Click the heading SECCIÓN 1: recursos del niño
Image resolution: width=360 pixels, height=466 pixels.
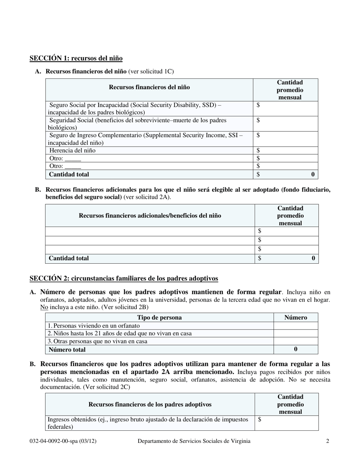click(76, 58)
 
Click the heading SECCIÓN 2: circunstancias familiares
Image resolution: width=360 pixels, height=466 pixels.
click(124, 278)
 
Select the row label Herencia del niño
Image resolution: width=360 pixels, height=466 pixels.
click(72, 150)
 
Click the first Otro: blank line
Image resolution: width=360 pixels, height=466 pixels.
click(73, 158)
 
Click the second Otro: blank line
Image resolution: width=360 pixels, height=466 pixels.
click(73, 166)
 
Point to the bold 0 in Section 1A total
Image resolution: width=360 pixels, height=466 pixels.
click(313, 174)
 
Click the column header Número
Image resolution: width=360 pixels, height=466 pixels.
click(296, 317)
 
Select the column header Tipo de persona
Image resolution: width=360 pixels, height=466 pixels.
click(159, 317)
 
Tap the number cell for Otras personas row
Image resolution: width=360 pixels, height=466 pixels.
click(296, 341)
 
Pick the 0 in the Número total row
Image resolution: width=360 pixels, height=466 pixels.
click(296, 349)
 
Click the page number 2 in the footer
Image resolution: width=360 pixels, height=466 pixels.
click(328, 441)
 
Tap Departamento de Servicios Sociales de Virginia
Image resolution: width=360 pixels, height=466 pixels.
click(194, 441)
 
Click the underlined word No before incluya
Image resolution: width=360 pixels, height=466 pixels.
click(44, 307)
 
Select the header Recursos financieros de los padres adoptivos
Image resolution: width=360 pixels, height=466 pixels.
click(150, 404)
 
